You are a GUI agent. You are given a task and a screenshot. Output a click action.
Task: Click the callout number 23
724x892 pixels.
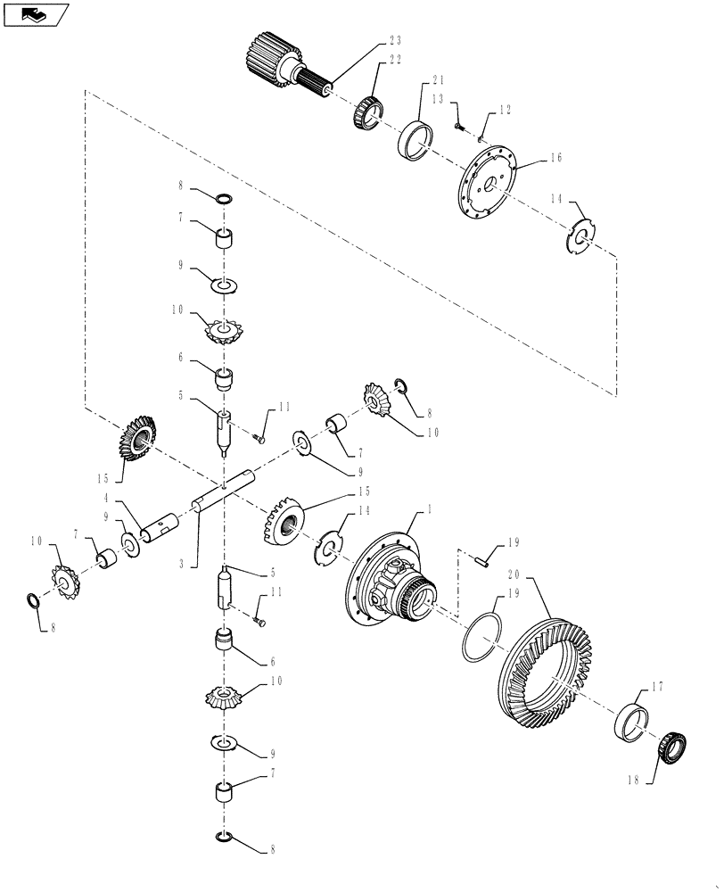(x=395, y=39)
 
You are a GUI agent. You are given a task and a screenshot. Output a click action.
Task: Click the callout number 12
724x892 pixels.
(x=505, y=110)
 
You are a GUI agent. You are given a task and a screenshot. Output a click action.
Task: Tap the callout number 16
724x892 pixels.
(x=555, y=158)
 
